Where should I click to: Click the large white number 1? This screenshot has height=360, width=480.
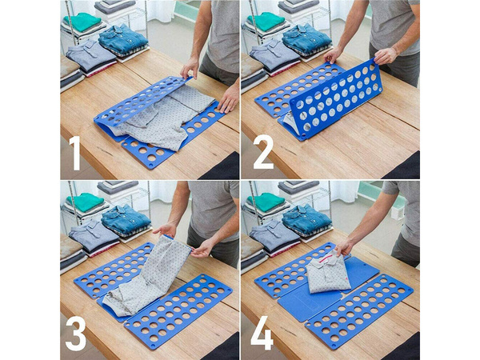75,153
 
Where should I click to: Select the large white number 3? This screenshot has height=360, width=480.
75,333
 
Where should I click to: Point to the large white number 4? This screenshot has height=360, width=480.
262,333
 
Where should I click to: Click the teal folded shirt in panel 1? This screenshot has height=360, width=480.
82,22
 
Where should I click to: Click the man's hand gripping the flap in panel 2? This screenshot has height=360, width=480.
386,56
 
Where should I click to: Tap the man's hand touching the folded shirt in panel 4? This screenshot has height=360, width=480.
344,246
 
